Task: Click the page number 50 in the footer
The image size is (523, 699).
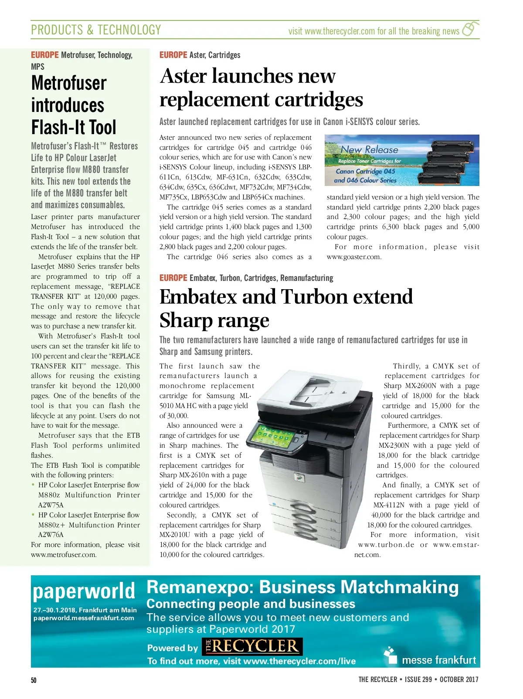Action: click(34, 680)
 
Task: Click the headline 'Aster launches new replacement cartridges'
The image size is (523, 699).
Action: click(261, 88)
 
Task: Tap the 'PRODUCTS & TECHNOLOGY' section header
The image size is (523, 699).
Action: click(96, 30)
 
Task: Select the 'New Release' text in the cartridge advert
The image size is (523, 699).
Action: click(369, 150)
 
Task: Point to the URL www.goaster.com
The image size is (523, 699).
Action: click(354, 257)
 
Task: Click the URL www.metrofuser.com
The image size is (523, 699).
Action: click(64, 555)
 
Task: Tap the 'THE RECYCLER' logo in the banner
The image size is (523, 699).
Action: click(252, 647)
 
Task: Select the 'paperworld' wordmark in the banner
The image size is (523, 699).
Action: click(84, 591)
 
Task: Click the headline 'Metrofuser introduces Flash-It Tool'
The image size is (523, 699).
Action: click(74, 105)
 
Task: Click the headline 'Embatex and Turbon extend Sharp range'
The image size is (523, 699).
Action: click(285, 308)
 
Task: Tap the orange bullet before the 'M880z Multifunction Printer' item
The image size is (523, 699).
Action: click(33, 485)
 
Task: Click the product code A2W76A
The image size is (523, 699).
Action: click(51, 535)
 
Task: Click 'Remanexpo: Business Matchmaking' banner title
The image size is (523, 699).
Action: click(302, 587)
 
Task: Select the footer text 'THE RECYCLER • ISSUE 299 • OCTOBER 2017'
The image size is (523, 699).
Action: click(418, 679)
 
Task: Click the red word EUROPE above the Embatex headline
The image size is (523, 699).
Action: click(173, 278)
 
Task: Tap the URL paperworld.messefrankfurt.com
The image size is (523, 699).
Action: click(84, 618)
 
